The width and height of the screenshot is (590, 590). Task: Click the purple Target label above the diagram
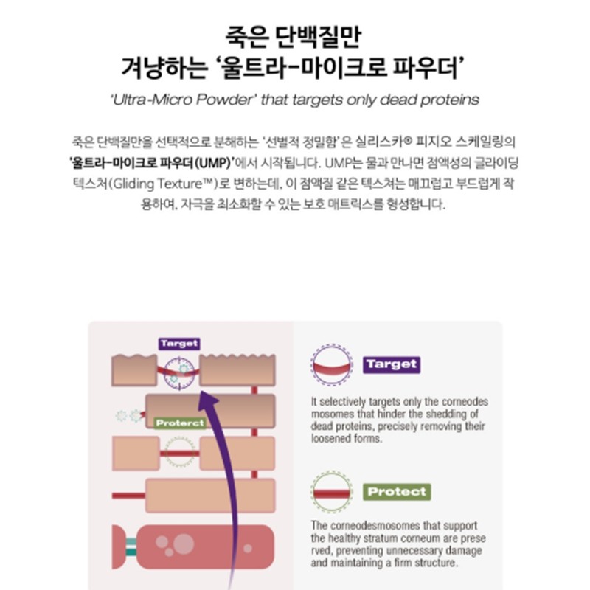[179, 344]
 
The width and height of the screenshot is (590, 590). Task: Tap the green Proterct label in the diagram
[180, 423]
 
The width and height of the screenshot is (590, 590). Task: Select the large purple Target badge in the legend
[392, 364]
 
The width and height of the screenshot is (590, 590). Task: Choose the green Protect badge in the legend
[397, 492]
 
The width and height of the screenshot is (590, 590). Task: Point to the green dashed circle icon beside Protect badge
[331, 472]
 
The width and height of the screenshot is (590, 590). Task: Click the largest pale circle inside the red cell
[183, 544]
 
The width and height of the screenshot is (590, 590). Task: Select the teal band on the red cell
[131, 547]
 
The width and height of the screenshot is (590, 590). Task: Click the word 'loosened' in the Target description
[330, 438]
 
